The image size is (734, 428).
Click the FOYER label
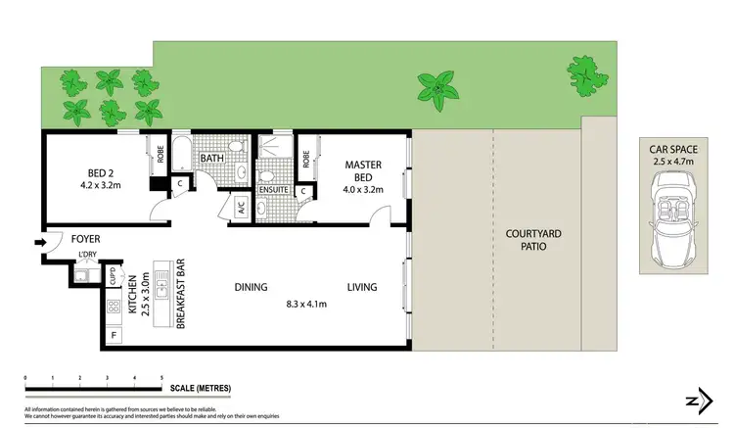pos(84,239)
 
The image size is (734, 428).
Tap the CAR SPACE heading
pos(671,150)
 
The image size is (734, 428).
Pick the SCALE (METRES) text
pos(201,389)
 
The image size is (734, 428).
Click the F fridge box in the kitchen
pos(115,337)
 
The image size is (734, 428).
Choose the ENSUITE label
pos(272,190)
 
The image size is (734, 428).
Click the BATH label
pos(212,159)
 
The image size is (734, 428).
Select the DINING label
pos(252,288)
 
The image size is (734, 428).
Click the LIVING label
pos(361,288)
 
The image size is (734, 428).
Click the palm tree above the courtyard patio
pos(434,89)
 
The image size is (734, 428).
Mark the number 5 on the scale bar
pos(161,377)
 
